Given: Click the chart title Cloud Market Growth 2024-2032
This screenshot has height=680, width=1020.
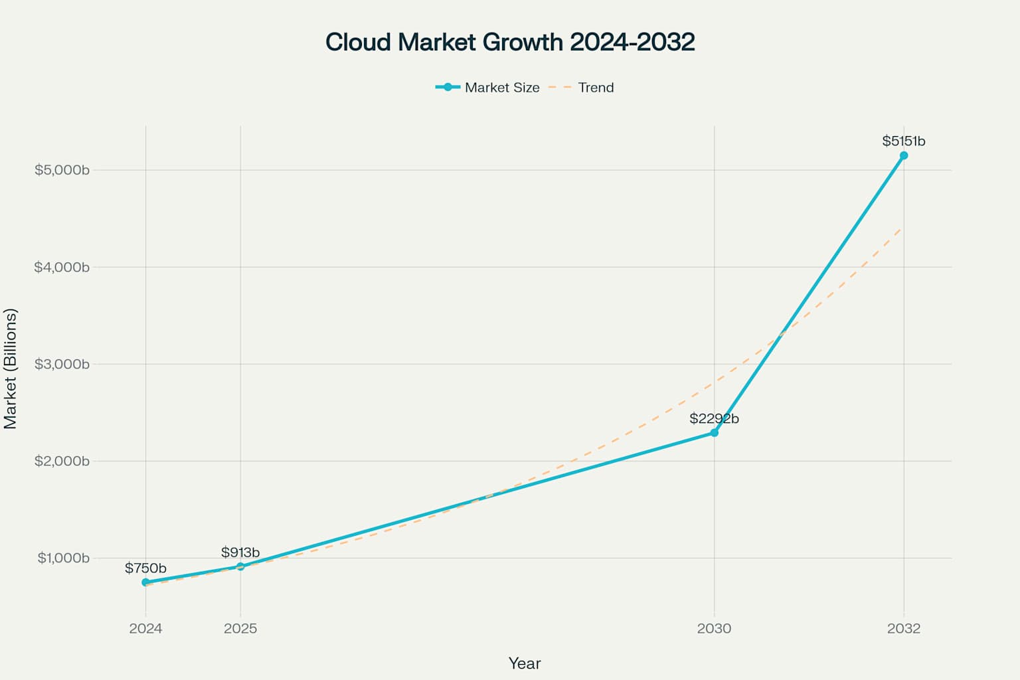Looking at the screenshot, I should click(510, 42).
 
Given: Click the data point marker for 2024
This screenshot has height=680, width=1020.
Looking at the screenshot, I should click(145, 582).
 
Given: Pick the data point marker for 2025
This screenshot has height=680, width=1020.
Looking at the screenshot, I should click(240, 566).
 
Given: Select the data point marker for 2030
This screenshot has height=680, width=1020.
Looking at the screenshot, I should click(715, 432).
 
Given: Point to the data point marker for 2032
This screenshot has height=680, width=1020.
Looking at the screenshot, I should click(904, 155).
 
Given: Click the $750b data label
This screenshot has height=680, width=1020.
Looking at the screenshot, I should click(145, 568).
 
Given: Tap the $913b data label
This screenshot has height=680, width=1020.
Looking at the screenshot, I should click(240, 552).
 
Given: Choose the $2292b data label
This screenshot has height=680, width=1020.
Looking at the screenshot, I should click(714, 418).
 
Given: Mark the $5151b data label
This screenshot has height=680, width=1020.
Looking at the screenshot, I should click(903, 141).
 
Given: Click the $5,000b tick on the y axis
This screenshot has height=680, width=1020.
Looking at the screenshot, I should click(62, 170).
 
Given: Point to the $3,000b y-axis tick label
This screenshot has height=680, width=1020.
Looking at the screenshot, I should click(62, 364).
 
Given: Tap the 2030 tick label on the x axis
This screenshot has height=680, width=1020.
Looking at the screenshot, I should click(714, 628).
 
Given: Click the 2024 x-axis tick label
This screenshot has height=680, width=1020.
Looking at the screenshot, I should click(145, 628).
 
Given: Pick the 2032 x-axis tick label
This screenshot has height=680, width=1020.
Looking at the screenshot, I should click(904, 628).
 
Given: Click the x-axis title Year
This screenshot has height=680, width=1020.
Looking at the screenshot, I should click(525, 663).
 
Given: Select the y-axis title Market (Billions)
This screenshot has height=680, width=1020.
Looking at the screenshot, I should click(10, 369).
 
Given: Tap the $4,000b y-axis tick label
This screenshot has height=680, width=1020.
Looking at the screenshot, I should click(62, 267).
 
